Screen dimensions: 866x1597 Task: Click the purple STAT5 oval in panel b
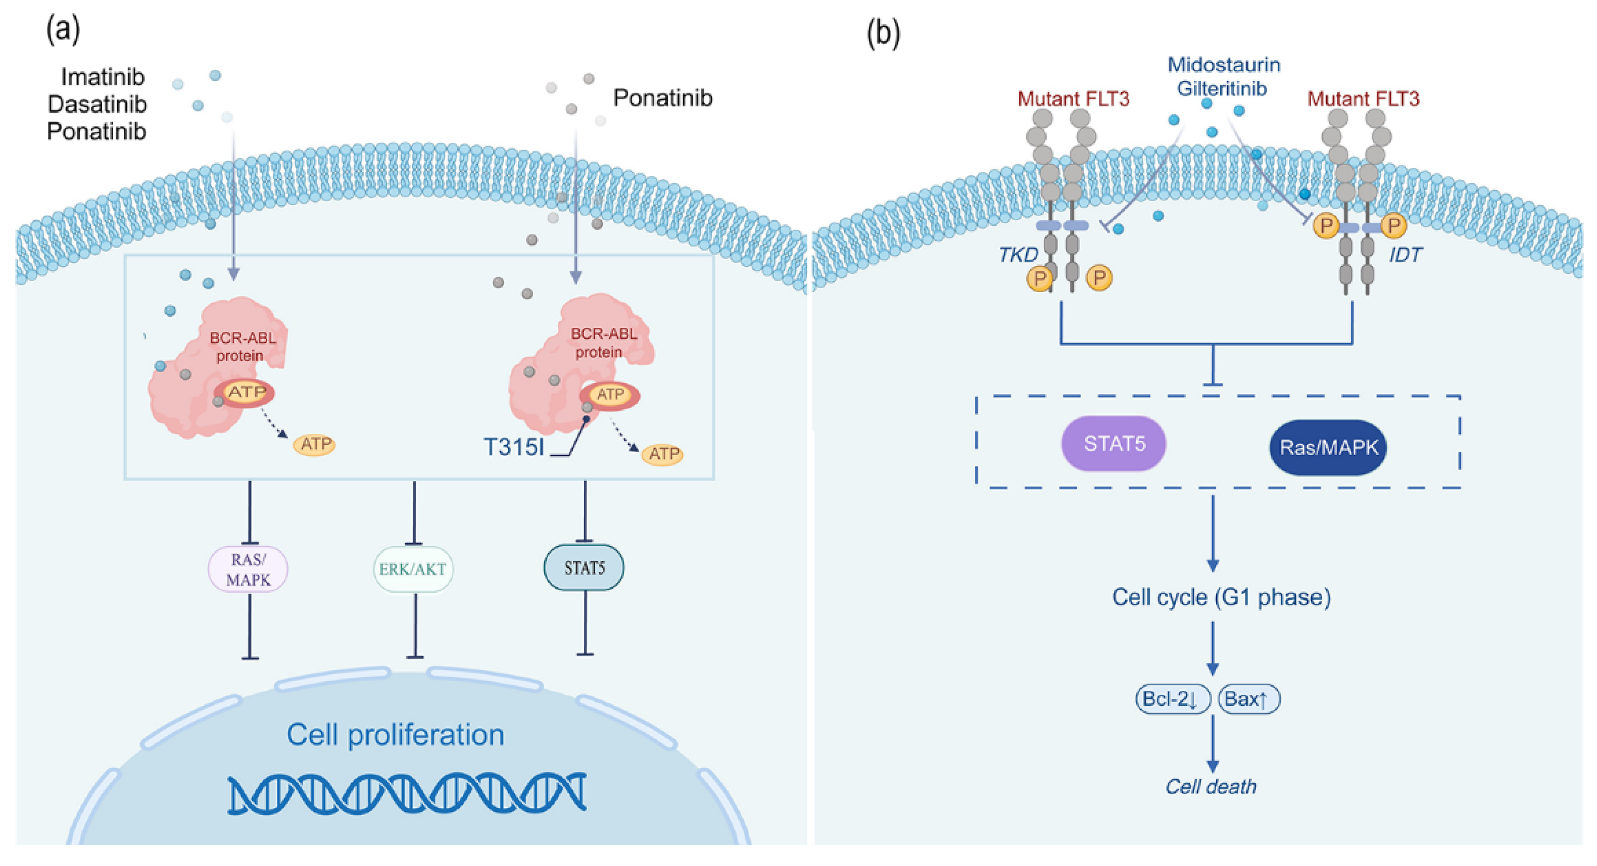tap(1114, 444)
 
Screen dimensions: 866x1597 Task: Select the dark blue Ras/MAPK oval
tap(1327, 448)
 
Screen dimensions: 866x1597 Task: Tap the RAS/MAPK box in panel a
tap(248, 569)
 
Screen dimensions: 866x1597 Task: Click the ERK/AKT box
tap(413, 569)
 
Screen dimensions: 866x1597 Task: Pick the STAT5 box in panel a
tap(584, 568)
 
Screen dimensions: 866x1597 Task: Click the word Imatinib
tap(103, 77)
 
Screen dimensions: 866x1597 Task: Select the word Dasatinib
tap(98, 104)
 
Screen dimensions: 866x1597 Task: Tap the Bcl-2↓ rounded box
tap(1172, 699)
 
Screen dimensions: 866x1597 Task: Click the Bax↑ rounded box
tap(1248, 699)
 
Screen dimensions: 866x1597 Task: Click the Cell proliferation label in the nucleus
tap(395, 735)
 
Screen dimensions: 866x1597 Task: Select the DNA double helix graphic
tap(407, 793)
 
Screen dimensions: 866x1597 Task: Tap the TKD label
tap(1018, 254)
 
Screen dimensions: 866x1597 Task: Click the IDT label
tap(1405, 254)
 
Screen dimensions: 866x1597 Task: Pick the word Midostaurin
tap(1224, 65)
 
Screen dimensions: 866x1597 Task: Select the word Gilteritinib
tap(1221, 88)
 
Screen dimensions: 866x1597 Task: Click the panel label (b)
tap(883, 32)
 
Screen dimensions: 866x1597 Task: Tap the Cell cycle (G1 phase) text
tap(1221, 597)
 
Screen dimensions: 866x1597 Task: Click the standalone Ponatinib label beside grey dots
tap(663, 98)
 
